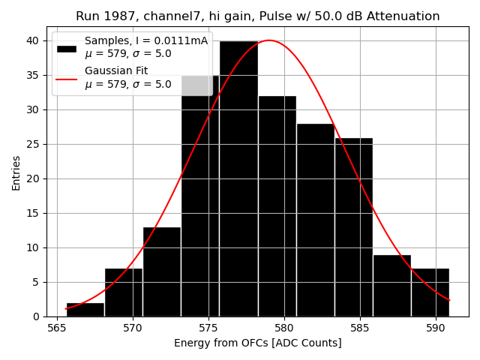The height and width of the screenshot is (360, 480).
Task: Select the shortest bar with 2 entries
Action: coord(85,310)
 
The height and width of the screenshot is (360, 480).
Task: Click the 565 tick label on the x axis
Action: coord(57,328)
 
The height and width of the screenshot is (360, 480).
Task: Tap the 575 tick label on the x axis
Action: coord(208,328)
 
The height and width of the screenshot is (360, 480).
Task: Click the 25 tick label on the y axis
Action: coord(35,144)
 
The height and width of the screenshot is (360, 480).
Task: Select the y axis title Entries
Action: coord(16,173)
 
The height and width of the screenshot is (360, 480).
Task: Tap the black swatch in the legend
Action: coord(67,48)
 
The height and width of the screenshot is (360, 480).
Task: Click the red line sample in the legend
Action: coord(67,78)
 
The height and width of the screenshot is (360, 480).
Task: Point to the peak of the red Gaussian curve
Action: coord(269,40)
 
